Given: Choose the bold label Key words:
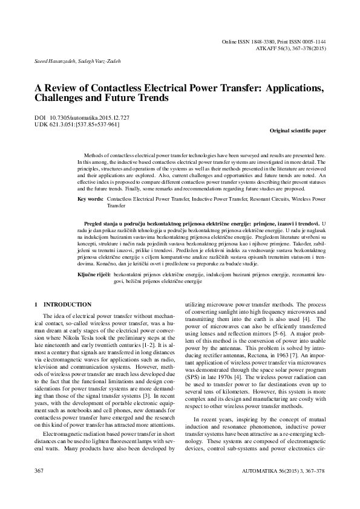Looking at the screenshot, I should coord(91,198).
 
